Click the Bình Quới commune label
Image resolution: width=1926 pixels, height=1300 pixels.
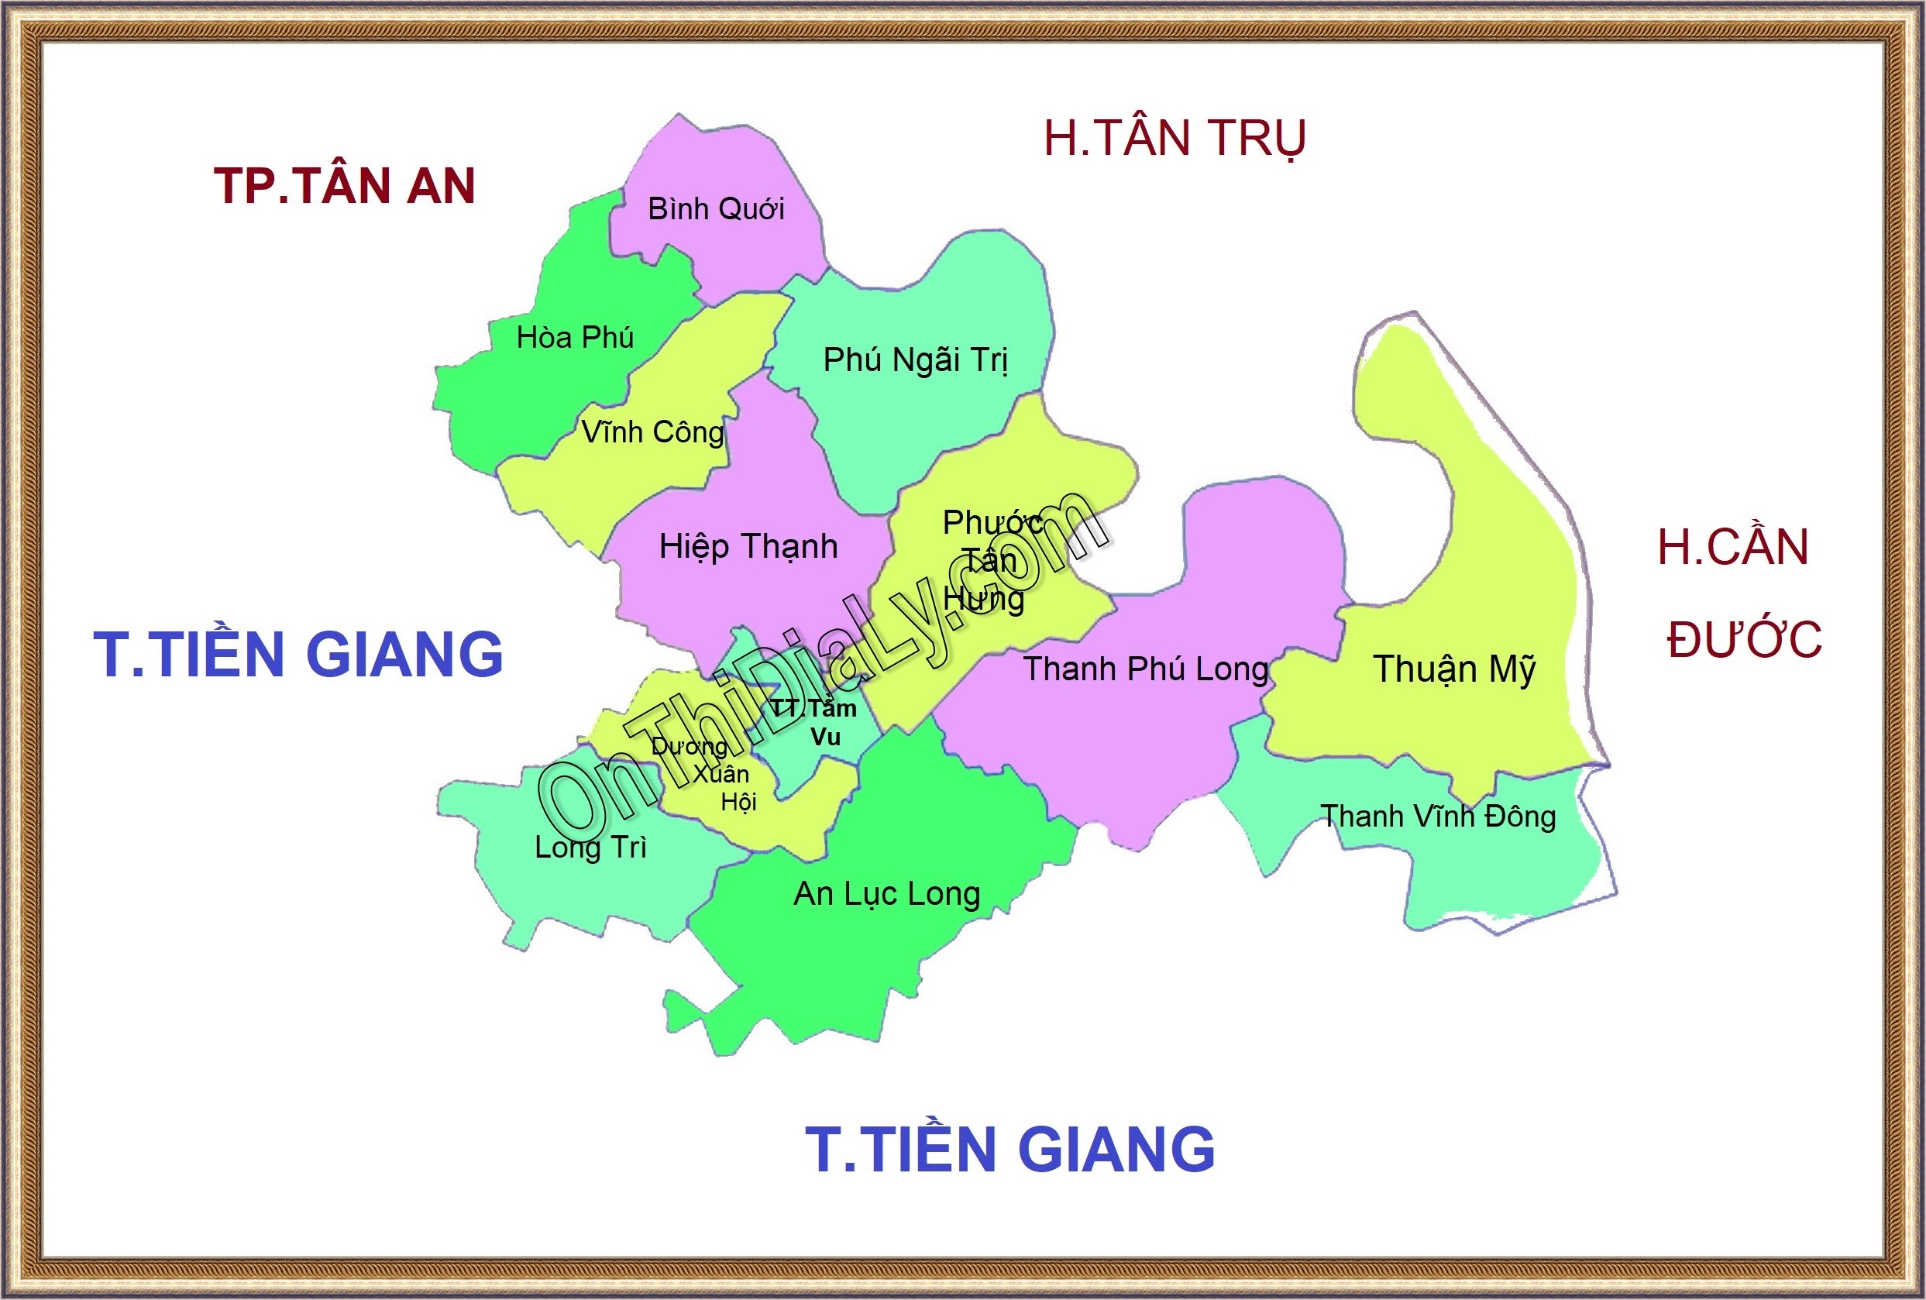(x=715, y=209)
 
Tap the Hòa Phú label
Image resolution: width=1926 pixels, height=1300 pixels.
(x=574, y=337)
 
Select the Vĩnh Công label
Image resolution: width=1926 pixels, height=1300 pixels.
(x=652, y=432)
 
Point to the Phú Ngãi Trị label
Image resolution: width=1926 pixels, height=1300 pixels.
(x=915, y=360)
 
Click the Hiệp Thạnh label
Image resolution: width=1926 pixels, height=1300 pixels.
(x=748, y=547)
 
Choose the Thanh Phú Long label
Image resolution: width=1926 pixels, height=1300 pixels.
(x=1145, y=669)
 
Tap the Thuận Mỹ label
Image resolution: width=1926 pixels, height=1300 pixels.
(x=1454, y=669)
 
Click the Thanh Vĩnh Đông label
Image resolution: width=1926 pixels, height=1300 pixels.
(x=1438, y=816)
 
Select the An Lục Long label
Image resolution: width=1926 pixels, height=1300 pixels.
(x=887, y=893)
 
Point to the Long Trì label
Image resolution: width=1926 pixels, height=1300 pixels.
(x=590, y=847)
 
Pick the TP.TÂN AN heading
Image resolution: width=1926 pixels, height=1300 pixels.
(x=345, y=186)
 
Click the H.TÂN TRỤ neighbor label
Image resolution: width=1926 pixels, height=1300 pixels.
(x=1175, y=139)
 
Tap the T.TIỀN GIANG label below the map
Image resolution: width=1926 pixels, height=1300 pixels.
(x=1009, y=1149)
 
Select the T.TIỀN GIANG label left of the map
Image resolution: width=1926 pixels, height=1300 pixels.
(x=298, y=655)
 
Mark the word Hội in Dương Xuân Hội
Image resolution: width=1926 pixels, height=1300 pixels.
(x=738, y=802)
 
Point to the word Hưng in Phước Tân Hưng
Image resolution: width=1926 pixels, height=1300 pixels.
(x=984, y=597)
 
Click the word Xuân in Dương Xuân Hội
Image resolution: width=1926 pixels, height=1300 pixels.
(x=721, y=774)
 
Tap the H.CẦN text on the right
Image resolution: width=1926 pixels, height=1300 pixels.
(x=1733, y=547)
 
